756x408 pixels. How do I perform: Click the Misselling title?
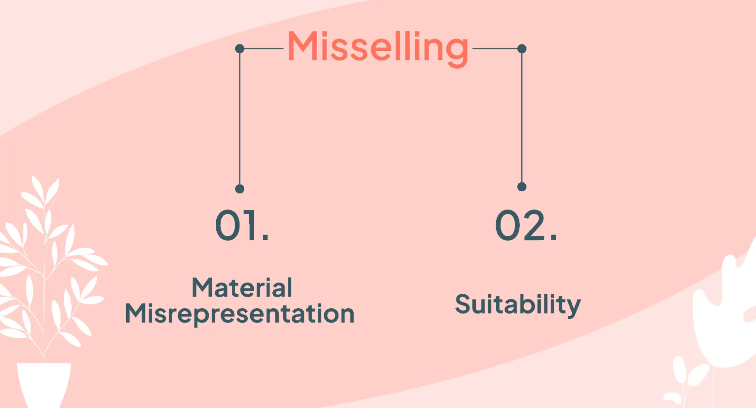377,47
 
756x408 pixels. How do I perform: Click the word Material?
242,288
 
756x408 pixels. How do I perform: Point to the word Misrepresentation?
239,314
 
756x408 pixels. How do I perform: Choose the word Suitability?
518,304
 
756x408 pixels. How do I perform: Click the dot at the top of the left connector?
239,49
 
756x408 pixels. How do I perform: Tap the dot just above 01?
239,189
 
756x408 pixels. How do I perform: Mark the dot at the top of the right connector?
522,49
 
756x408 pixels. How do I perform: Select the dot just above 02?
522,187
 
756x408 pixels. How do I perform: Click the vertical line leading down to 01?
239,117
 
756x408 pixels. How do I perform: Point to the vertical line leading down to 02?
522,117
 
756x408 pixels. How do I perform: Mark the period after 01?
265,237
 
